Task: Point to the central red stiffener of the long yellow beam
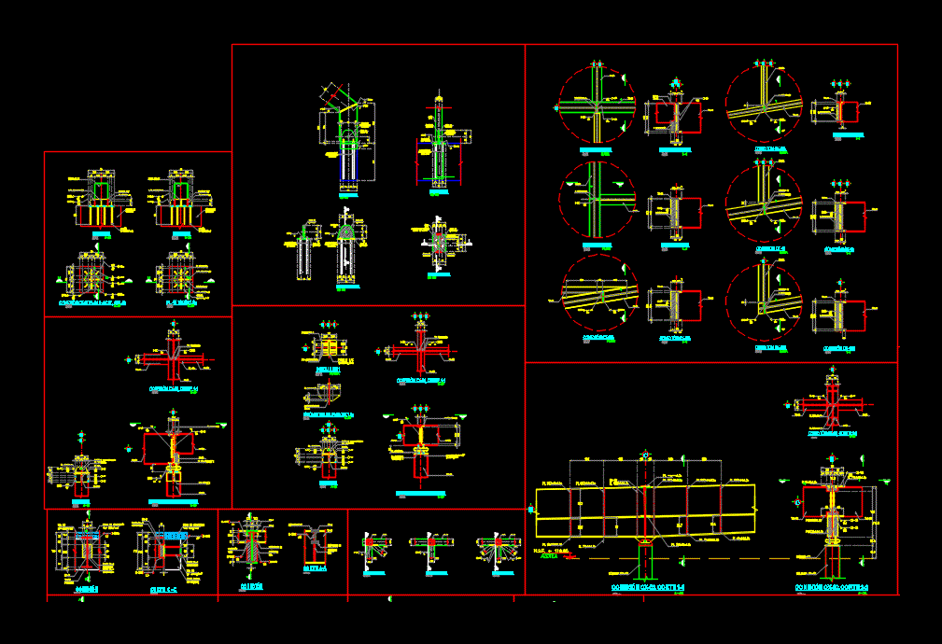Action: pyautogui.click(x=644, y=514)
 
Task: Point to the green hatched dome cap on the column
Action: pyautogui.click(x=346, y=230)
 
